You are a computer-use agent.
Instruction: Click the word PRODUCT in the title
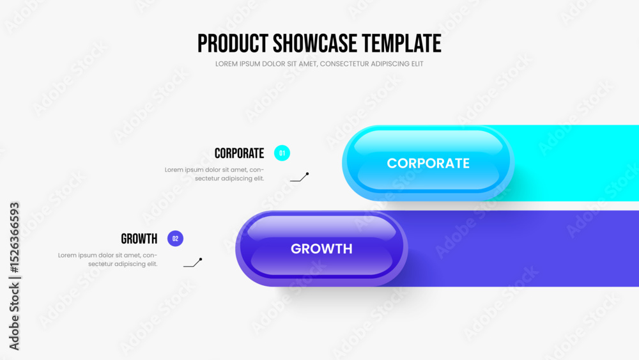pos(233,43)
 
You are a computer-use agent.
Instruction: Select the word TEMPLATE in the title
pos(401,43)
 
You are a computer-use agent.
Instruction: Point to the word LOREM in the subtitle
pos(226,64)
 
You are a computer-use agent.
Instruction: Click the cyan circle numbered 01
pos(282,153)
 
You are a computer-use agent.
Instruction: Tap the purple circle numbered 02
pos(175,239)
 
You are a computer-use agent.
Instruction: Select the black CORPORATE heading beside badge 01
pos(239,153)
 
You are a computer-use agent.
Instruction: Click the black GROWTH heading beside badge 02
pos(139,239)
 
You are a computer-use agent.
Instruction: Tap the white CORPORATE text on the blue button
pos(428,163)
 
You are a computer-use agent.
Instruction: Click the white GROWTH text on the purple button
pos(321,249)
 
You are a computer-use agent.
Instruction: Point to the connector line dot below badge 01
pos(307,174)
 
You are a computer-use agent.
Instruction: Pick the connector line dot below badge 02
pos(201,260)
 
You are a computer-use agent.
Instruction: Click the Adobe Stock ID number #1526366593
pos(14,238)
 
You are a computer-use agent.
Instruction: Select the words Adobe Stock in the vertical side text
pos(14,317)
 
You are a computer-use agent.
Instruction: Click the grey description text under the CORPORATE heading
pos(214,174)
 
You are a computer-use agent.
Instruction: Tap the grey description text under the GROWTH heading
pos(107,260)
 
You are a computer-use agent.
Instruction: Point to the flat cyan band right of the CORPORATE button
pos(574,163)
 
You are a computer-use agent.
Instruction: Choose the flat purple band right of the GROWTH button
pos(521,249)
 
